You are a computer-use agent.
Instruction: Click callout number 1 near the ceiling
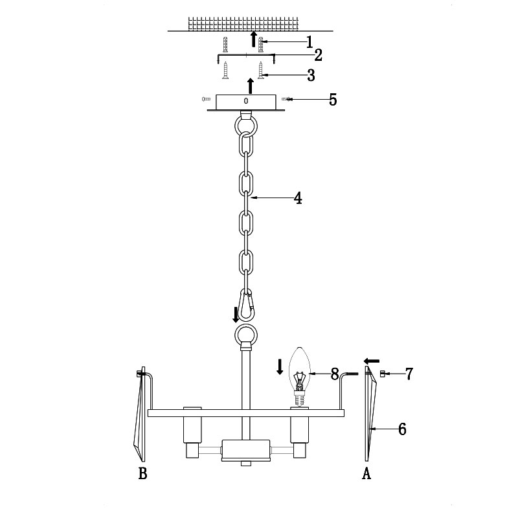310,42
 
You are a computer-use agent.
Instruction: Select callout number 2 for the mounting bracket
318,55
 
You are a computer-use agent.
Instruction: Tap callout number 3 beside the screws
311,75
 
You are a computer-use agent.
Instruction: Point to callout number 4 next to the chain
298,198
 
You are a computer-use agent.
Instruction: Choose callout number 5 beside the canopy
333,100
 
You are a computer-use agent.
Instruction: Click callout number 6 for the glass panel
402,429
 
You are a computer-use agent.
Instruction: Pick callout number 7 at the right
409,374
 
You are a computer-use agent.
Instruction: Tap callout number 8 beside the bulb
335,374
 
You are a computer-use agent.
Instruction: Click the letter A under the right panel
366,473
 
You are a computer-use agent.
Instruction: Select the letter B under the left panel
142,473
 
